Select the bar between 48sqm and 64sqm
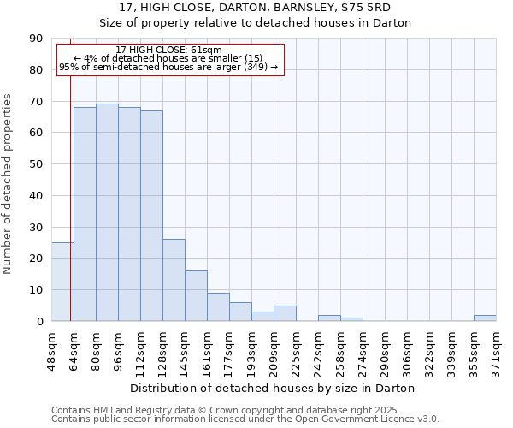pos(62,282)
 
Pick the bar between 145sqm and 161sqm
pos(196,295)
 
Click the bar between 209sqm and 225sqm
pos(285,313)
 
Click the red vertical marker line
pos(70,214)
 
